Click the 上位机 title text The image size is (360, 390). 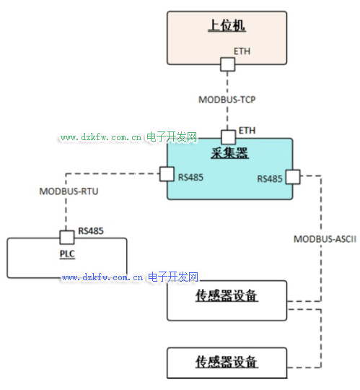(227, 25)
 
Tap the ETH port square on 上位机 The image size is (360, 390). (227, 64)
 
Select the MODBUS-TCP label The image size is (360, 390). (227, 100)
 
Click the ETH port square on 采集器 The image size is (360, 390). (228, 137)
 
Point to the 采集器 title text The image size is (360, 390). (229, 153)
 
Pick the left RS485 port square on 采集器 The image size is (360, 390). (167, 174)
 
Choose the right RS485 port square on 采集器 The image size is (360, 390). (293, 177)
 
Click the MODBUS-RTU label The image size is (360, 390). (69, 191)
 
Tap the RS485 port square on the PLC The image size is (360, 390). (67, 238)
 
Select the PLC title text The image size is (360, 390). (67, 254)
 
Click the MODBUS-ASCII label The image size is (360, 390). (325, 239)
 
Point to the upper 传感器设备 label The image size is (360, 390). (227, 295)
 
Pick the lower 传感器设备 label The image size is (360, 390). (227, 362)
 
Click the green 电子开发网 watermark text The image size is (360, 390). (172, 137)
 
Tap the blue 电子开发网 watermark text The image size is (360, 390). (173, 277)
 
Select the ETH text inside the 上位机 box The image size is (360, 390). (242, 51)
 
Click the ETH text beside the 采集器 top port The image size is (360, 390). (247, 130)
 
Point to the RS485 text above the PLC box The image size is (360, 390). (91, 231)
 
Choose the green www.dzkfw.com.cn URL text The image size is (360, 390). (101, 137)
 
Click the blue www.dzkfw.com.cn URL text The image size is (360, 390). (102, 277)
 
